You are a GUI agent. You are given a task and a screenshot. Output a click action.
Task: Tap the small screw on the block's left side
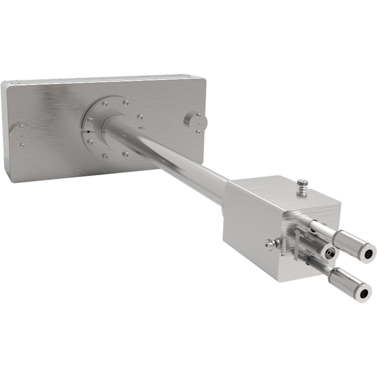(270, 244)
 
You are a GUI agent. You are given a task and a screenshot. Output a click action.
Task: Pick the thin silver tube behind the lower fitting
(317, 264)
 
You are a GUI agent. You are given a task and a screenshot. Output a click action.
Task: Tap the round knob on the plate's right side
(195, 121)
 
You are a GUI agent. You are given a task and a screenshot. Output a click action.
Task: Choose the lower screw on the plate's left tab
(22, 144)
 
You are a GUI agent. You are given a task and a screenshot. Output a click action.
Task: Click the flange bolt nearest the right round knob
(140, 117)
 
